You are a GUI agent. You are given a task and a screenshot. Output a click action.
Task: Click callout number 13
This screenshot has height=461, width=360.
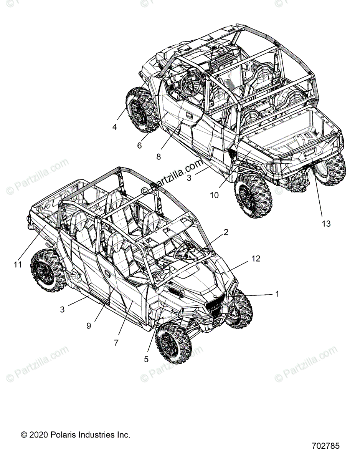tap(326, 223)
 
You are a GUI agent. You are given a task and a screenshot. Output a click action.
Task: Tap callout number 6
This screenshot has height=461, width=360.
tap(139, 145)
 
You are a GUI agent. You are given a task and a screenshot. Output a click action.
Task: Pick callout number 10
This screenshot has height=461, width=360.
tap(214, 195)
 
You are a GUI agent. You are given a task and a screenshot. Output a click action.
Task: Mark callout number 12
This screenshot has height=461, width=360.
tap(256, 259)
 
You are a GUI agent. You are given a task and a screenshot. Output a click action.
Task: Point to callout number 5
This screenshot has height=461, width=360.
tap(146, 359)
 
